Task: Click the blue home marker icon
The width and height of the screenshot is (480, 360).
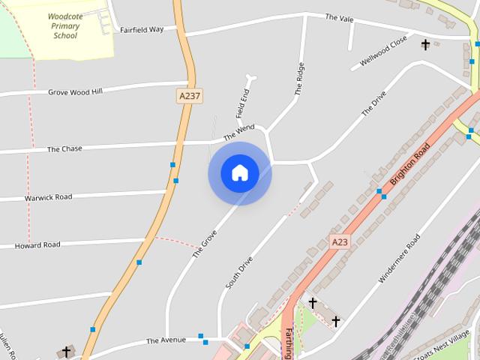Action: pos(239,172)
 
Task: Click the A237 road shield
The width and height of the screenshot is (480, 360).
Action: pos(190,96)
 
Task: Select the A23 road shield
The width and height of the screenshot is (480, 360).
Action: pos(340,241)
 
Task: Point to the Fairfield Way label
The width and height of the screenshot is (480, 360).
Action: pos(142,30)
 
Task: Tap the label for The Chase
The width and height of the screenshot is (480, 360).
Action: pos(64,149)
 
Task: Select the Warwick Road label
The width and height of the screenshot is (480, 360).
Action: pos(48,197)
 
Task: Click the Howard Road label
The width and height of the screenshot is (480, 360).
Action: pos(37,245)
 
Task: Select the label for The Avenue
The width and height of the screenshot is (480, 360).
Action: pos(166,340)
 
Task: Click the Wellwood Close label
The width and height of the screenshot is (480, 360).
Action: pos(383,49)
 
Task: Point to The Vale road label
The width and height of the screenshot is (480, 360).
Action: pos(339,16)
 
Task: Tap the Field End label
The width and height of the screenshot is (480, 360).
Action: pos(242,104)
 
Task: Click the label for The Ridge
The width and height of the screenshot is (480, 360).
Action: pos(299,79)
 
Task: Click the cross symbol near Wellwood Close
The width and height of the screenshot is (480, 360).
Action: pos(425,45)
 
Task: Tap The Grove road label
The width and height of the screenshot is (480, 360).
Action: pos(204,239)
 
